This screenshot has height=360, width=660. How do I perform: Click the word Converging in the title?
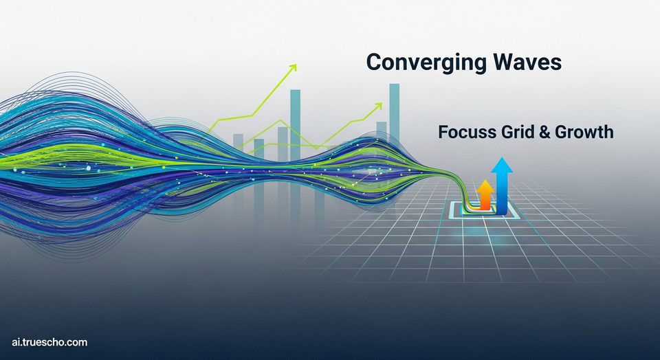tap(423, 63)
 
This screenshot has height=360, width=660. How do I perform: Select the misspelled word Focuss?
tap(466, 132)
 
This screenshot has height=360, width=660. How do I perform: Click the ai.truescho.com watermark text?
tap(49, 342)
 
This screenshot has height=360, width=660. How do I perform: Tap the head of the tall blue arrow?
tap(502, 165)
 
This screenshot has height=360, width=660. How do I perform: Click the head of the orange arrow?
tap(485, 186)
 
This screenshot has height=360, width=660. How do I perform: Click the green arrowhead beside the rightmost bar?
tap(378, 106)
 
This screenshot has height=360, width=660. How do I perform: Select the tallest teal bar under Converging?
tap(394, 112)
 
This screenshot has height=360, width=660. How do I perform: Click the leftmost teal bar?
tap(239, 142)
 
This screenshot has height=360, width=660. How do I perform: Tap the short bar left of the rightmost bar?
tap(382, 130)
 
